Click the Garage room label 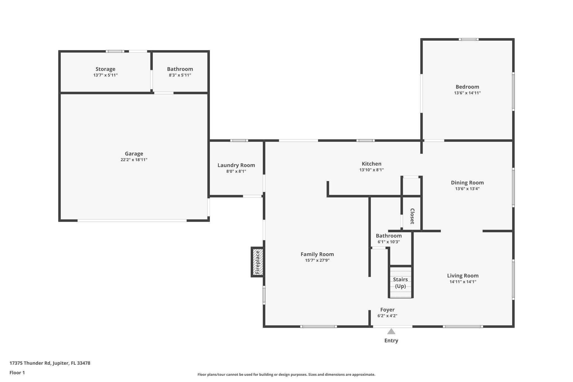coord(134,154)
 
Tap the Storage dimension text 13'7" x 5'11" coord(105,75)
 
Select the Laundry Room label coord(236,165)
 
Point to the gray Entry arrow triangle coord(391,332)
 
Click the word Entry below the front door coord(391,341)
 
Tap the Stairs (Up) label coord(400,283)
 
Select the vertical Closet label coord(412,216)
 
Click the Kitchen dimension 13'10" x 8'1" coord(372,170)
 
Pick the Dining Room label coord(467,183)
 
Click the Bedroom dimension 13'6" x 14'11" coord(467,93)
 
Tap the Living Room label coord(463,276)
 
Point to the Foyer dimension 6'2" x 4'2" coord(387,316)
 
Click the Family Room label coord(317,254)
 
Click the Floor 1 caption coord(17,373)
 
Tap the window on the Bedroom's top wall coord(468,39)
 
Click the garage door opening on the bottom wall coord(132,221)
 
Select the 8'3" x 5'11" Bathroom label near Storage coord(180,69)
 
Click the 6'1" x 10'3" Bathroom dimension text coord(389,242)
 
